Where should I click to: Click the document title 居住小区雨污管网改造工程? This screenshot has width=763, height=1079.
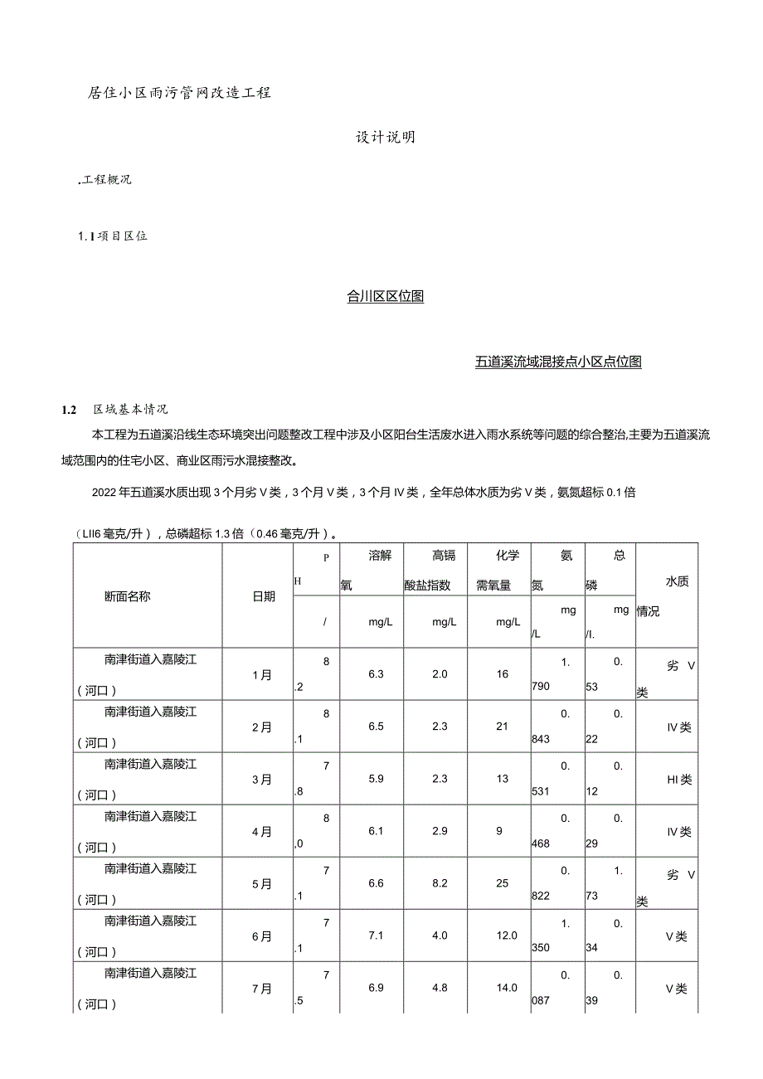[x=179, y=93]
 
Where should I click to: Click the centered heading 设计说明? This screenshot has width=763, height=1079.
[x=386, y=138]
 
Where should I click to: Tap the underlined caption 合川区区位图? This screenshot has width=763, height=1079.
[x=386, y=297]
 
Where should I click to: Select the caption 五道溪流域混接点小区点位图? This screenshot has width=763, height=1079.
[x=558, y=362]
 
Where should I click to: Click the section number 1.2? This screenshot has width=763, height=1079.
[x=69, y=409]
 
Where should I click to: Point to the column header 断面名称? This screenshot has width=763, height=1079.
[x=127, y=596]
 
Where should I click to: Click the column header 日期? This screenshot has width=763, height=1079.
[x=264, y=596]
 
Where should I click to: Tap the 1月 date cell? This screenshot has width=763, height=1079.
[x=262, y=674]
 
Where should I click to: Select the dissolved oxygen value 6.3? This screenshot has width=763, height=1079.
[x=376, y=674]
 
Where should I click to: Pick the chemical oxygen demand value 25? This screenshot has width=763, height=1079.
[x=503, y=883]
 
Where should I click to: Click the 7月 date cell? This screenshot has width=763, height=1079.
[x=262, y=988]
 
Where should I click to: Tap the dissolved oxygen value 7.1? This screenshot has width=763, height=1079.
[x=376, y=936]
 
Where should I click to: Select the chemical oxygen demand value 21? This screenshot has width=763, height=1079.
[x=503, y=727]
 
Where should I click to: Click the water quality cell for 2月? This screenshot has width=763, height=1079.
[x=678, y=727]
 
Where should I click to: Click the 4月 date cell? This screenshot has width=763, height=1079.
[x=262, y=831]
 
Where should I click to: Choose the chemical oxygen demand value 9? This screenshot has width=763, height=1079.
[x=503, y=831]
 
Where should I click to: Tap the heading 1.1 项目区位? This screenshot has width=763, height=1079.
[x=112, y=236]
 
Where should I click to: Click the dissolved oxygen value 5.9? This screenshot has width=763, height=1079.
[x=376, y=779]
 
